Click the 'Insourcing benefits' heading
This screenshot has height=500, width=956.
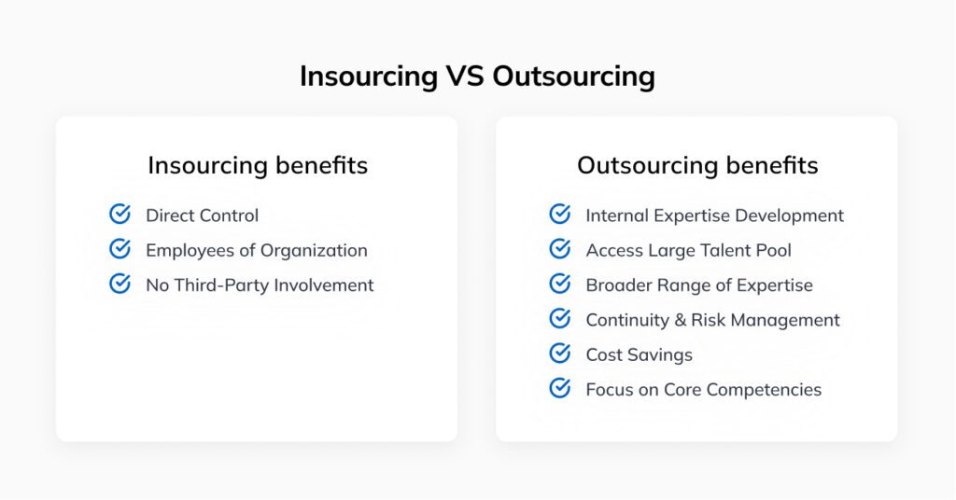[258, 166]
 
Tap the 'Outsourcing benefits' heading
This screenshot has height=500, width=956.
[697, 166]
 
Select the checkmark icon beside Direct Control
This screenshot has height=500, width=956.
[119, 215]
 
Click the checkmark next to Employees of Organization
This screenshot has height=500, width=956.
[119, 249]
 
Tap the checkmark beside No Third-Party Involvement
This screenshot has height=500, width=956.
[119, 284]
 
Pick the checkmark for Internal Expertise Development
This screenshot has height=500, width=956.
[560, 215]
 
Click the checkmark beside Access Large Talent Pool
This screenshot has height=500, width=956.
[560, 249]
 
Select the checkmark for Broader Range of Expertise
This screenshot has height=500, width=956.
[560, 284]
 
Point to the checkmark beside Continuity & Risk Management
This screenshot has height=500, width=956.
[560, 319]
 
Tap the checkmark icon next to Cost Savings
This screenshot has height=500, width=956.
[560, 354]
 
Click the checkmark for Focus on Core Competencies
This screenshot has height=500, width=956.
[560, 388]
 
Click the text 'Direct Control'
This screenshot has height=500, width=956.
[202, 215]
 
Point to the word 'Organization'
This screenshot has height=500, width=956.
[316, 251]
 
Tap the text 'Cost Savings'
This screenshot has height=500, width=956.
[639, 355]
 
